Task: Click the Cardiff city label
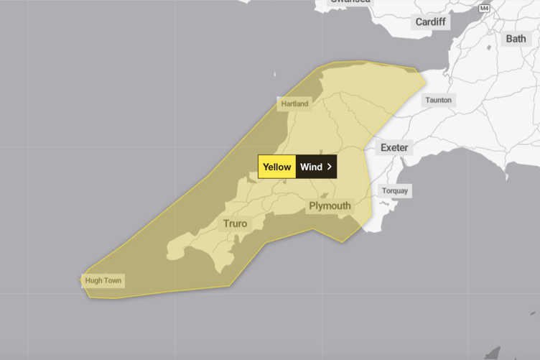click(x=430, y=22)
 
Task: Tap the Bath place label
click(x=516, y=38)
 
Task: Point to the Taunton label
click(x=438, y=100)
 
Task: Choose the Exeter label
click(x=394, y=147)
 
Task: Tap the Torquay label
click(x=394, y=190)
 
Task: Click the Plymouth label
click(x=330, y=206)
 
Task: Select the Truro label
click(x=235, y=223)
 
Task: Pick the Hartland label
click(x=294, y=103)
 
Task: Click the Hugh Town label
click(x=103, y=280)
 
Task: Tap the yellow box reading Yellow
click(x=276, y=167)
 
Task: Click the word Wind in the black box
click(x=311, y=167)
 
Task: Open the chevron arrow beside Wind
click(x=330, y=167)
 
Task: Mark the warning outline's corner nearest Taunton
click(x=416, y=70)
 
